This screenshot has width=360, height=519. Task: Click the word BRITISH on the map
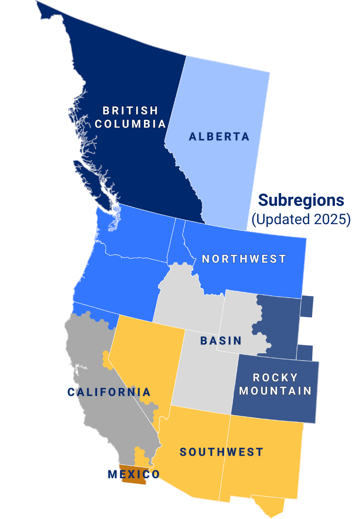click(130, 111)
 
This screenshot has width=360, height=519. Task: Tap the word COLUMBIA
click(130, 124)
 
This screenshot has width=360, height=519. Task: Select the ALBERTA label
click(219, 137)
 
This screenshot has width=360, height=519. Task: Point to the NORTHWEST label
click(244, 259)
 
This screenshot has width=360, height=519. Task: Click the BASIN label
click(221, 341)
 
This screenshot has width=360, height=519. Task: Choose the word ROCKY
click(275, 378)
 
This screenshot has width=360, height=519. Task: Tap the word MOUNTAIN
click(275, 391)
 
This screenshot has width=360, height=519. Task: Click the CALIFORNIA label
click(109, 392)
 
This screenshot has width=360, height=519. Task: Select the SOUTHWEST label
click(221, 452)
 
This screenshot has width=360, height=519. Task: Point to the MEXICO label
click(133, 474)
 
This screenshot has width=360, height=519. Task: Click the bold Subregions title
click(301, 200)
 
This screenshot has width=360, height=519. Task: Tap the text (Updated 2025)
click(301, 219)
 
